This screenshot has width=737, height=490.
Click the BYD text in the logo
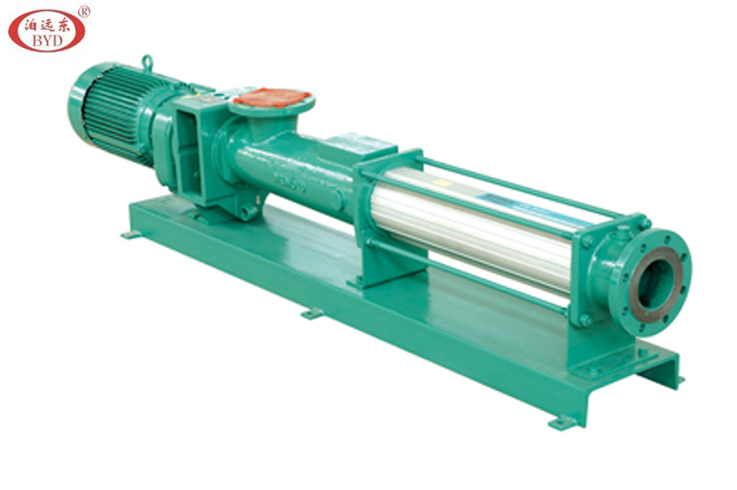click(x=47, y=41)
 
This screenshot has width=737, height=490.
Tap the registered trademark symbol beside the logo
click(x=84, y=12)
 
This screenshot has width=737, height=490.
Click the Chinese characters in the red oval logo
click(x=47, y=25)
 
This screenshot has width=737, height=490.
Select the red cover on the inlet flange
click(x=266, y=98)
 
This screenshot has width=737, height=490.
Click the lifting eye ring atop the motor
click(x=147, y=63)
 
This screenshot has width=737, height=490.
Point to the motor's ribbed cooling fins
click(x=118, y=111)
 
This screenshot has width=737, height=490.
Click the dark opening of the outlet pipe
click(x=656, y=285)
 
